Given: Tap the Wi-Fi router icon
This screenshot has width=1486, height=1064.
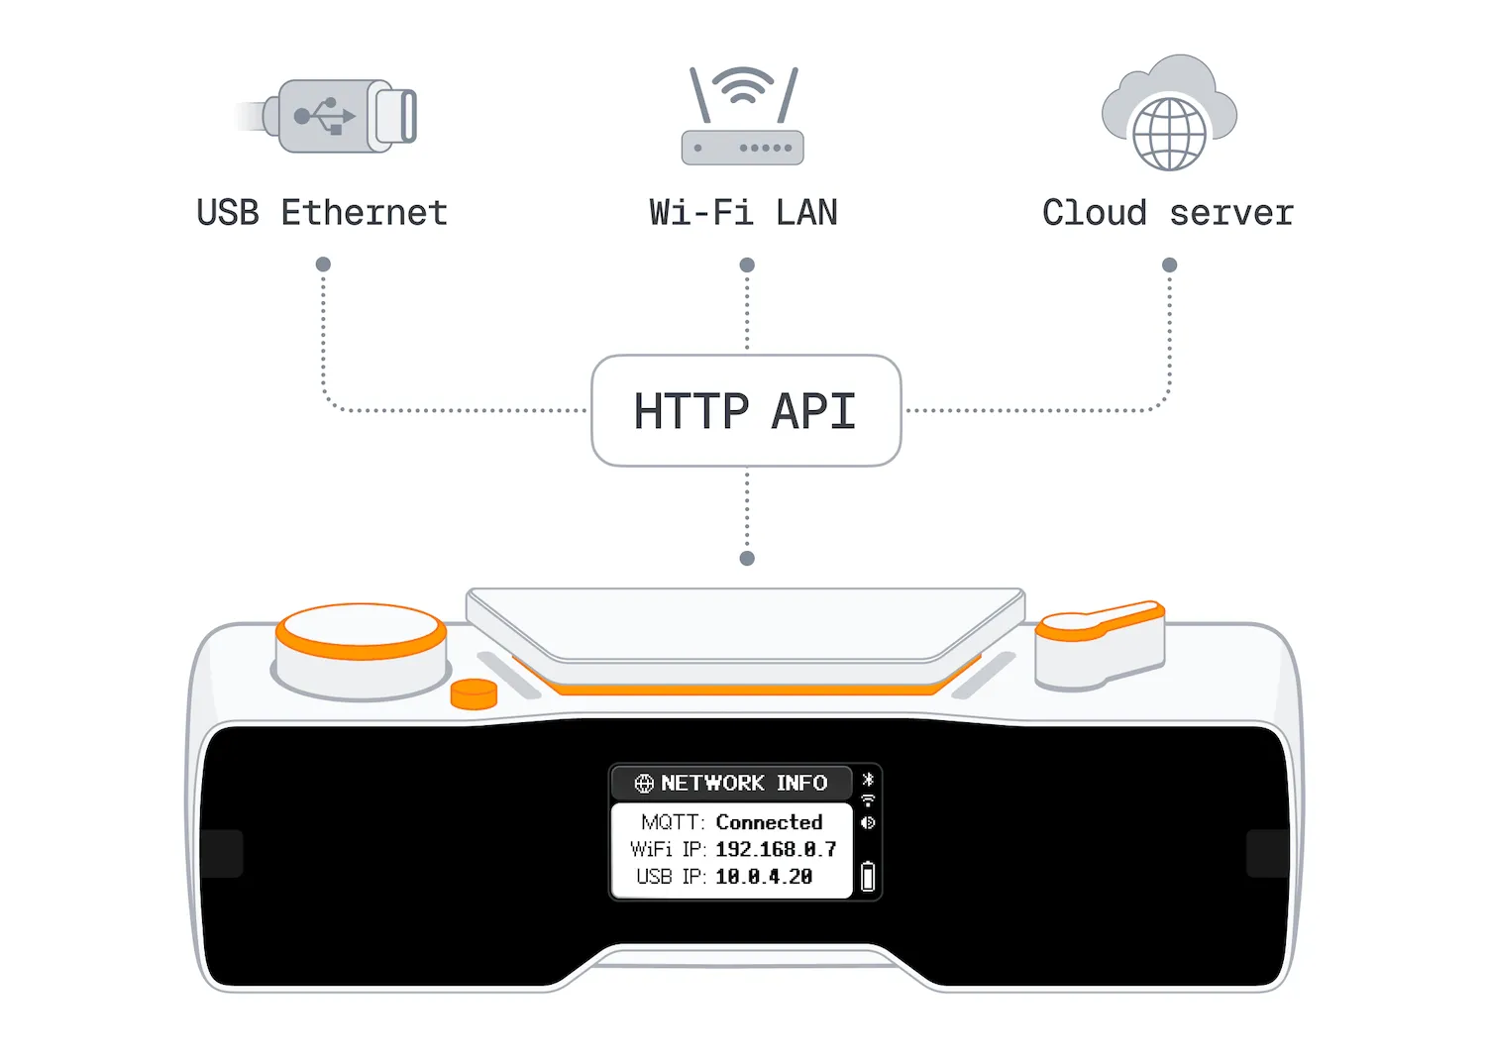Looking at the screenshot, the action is (743, 115).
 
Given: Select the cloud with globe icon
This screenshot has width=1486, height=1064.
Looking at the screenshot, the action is (1169, 113).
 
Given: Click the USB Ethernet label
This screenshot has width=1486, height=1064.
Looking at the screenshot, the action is (322, 213).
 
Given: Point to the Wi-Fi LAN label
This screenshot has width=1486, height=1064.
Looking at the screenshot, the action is (744, 213).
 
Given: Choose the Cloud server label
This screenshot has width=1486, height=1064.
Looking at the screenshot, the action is (1168, 213).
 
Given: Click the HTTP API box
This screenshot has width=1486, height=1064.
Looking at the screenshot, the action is (746, 410).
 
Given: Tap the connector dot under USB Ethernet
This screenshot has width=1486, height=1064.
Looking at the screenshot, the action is (323, 265).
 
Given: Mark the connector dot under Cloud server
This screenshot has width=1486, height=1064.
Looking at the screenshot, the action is (1170, 266).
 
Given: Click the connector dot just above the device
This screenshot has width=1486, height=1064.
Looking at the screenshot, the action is (747, 559).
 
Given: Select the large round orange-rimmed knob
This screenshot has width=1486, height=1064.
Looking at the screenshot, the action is (361, 651).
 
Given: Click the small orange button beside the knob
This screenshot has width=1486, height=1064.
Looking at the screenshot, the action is (474, 693).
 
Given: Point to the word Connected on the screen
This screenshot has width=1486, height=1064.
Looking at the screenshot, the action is (770, 822).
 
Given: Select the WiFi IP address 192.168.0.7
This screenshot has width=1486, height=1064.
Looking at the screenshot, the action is (776, 850).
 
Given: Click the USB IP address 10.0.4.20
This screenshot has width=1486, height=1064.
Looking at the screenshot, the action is (764, 877).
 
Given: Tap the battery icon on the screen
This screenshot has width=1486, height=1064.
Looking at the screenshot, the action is (868, 876).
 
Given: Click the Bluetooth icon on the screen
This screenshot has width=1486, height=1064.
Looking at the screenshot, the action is (868, 779).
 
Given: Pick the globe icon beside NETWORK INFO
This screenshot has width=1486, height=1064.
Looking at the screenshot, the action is (644, 784).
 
